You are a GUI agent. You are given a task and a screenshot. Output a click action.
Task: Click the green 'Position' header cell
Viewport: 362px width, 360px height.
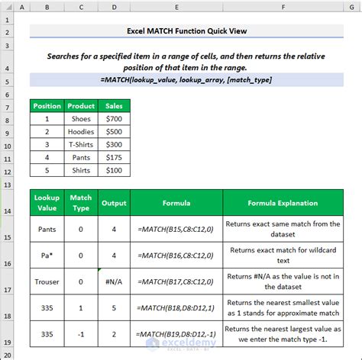click(47, 106)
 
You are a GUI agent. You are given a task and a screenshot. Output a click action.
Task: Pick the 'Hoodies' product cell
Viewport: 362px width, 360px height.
click(81, 131)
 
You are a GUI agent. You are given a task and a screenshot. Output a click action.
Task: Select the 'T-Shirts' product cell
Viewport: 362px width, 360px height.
click(81, 144)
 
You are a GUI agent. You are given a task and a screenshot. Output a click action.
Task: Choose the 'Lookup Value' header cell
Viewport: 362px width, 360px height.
click(47, 203)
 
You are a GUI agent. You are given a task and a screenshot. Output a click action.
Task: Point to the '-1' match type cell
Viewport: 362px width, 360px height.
click(81, 334)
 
